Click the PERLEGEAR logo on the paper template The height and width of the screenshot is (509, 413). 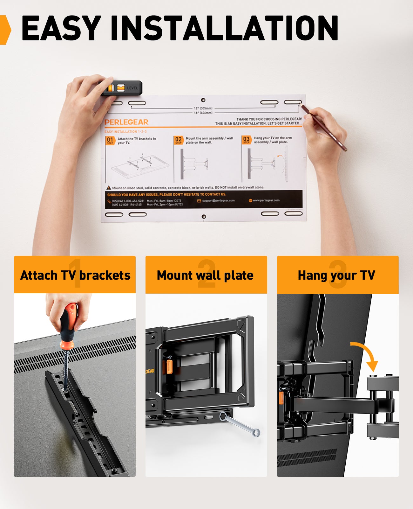point(126,122)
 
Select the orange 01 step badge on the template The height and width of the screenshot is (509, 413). point(110,140)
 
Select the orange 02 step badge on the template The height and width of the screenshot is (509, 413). point(179,140)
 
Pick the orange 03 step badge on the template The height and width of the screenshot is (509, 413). point(247,140)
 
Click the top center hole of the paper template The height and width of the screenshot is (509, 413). point(203,100)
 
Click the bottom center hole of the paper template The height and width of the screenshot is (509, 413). point(204,217)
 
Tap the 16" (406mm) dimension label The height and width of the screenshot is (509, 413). point(203,113)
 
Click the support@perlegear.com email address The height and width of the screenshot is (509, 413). point(218,201)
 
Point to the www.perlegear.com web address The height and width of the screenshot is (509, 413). point(266,200)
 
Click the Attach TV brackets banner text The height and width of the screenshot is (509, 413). point(75,275)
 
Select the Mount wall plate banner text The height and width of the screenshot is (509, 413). point(205,275)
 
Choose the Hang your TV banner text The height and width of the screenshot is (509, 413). point(336,275)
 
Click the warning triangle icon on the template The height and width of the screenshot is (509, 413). point(109,188)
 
